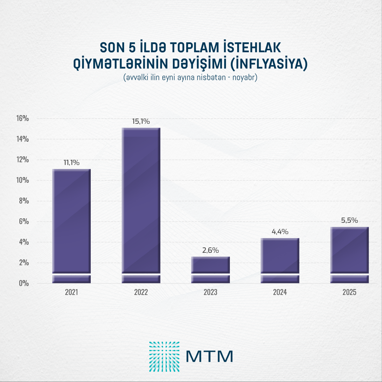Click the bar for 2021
tap(71, 223)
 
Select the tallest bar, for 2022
tap(141, 204)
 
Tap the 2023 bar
tap(210, 266)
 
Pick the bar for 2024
tap(280, 256)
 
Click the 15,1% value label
tap(141, 121)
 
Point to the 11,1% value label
tap(71, 163)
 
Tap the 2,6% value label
tap(210, 250)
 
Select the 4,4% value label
tap(280, 232)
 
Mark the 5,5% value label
tap(350, 220)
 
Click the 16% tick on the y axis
tap(23, 118)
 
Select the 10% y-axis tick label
tap(23, 180)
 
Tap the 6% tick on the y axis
tap(24, 221)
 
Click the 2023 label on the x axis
tap(210, 292)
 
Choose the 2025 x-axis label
tap(349, 292)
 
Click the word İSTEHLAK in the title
tap(252, 47)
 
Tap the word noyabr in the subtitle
tap(244, 77)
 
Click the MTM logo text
tap(209, 356)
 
